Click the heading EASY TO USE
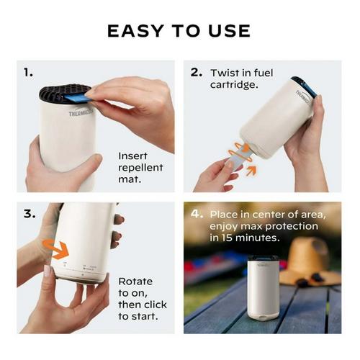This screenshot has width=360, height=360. click(179, 30)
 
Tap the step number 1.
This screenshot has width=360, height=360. click(28, 72)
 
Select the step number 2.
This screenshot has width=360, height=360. click(196, 73)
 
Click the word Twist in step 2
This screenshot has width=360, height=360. click(225, 73)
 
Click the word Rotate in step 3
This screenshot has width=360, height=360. click(135, 281)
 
